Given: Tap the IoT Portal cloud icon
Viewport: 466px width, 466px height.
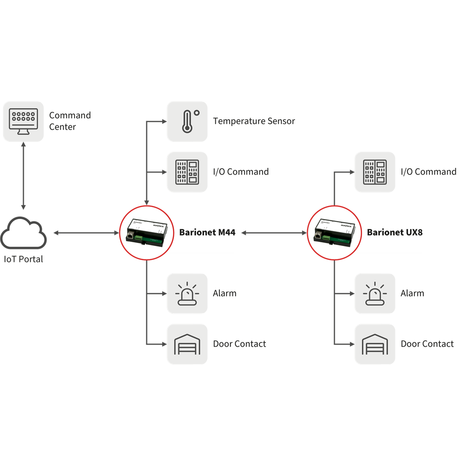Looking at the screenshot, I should tap(23, 234).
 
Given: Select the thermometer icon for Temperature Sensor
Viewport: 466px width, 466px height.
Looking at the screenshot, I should tap(187, 121).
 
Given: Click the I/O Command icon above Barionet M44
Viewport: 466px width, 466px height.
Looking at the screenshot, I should tap(187, 172).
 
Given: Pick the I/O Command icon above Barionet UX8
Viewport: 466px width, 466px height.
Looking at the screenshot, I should tap(375, 172).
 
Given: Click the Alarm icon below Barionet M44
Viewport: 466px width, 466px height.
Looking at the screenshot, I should tap(187, 294).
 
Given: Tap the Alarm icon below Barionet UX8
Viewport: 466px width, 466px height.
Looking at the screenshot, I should tap(375, 294).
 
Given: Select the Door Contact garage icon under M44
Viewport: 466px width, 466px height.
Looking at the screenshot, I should tap(187, 344).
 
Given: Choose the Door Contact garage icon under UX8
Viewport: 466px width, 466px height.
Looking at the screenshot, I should tap(375, 344).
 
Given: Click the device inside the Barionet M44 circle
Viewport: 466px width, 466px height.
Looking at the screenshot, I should tap(147, 232).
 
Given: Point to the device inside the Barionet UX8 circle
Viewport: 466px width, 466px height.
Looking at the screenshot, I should tap(335, 232).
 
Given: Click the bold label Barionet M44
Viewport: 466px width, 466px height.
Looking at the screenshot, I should tap(207, 232).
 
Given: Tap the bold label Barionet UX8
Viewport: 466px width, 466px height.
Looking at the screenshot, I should tap(395, 232).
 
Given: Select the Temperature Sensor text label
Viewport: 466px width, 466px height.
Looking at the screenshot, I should tap(254, 121).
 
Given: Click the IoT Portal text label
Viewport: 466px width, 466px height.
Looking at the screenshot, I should tap(23, 260).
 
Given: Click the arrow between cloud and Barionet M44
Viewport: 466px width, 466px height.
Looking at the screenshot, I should tap(87, 232).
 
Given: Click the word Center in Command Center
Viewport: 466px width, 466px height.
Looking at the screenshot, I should tap(62, 127).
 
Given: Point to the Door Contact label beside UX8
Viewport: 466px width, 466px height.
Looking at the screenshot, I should tap(427, 344).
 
